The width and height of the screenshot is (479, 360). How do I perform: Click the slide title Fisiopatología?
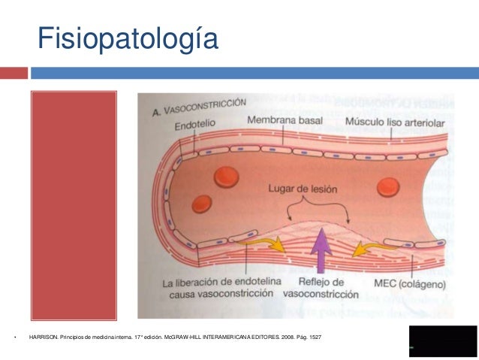[128, 38]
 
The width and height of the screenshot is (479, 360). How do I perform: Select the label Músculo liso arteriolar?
[395, 123]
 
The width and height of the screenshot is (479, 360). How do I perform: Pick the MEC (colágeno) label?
[409, 285]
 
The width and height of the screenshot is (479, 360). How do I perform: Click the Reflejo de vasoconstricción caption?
[323, 289]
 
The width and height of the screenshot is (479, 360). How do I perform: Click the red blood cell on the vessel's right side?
[392, 185]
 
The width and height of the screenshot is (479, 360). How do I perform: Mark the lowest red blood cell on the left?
[202, 204]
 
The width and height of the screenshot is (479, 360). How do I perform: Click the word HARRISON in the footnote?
[43, 336]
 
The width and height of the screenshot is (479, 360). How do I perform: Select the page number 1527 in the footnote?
[314, 336]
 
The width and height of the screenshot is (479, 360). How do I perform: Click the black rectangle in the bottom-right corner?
[443, 341]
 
